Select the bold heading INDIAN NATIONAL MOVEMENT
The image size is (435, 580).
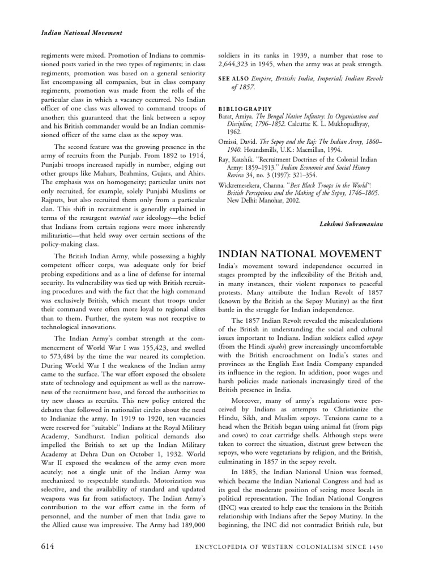(300, 253)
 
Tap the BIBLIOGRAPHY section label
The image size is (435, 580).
(245, 108)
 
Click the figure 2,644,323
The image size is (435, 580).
(240, 66)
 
